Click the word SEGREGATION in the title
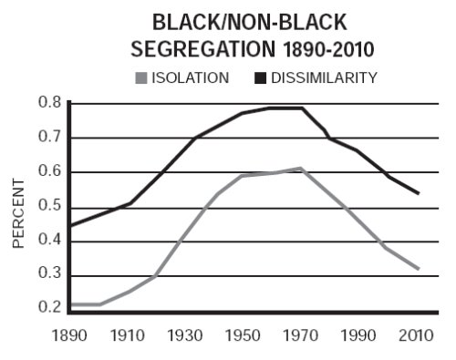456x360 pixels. tap(203, 49)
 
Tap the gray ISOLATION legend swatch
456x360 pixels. tap(141, 77)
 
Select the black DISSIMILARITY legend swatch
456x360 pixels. tap(260, 77)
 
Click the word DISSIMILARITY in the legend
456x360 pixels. tap(324, 77)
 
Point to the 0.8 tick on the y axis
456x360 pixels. tap(50, 102)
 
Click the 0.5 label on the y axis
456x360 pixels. tap(50, 205)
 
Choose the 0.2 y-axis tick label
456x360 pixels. tap(50, 307)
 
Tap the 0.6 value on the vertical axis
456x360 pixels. tap(50, 170)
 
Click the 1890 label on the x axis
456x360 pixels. tap(69, 335)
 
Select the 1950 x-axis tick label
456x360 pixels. tap(243, 335)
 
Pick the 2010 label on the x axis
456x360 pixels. tap(416, 335)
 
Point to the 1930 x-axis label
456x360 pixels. tap(185, 335)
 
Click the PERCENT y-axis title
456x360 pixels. tap(18, 213)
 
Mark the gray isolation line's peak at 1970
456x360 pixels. tap(300, 169)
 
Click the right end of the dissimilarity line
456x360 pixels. tap(419, 193)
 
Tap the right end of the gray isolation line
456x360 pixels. tap(419, 269)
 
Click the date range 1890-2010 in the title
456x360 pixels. tap(328, 49)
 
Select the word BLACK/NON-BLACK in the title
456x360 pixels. tap(249, 22)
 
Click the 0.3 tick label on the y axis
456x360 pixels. tap(50, 273)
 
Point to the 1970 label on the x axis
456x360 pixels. tap(301, 335)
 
